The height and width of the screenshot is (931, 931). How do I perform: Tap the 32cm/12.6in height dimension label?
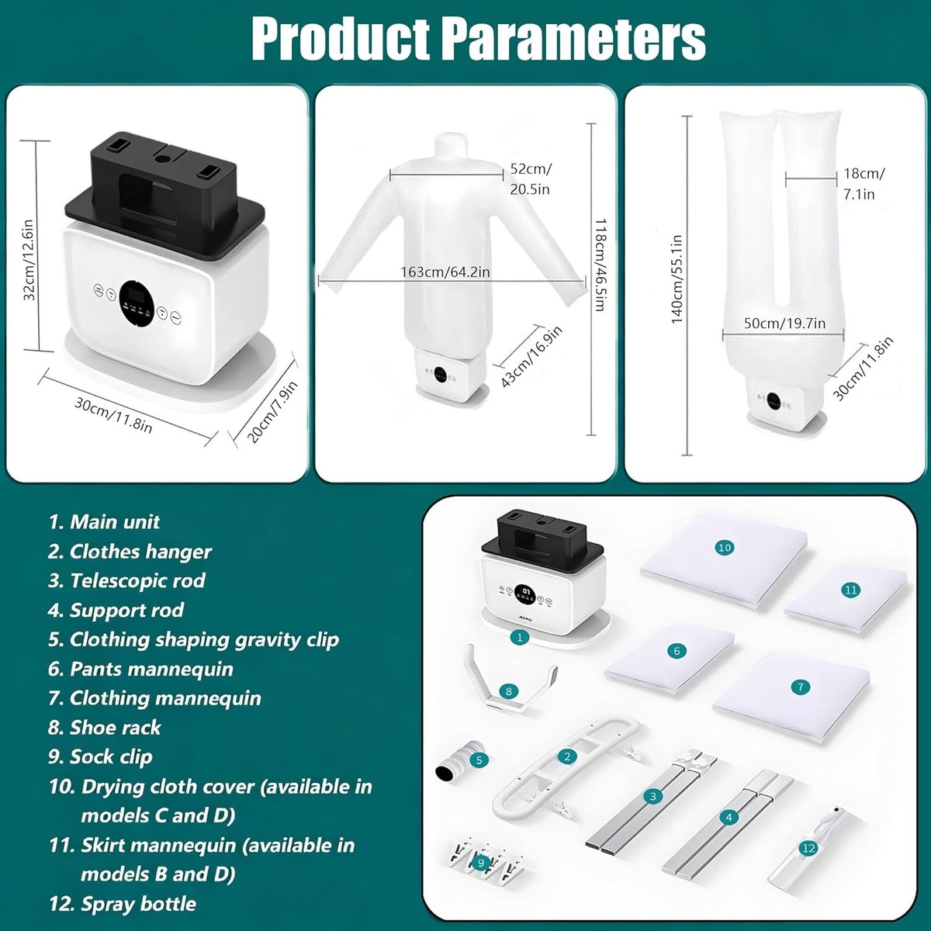tap(29, 260)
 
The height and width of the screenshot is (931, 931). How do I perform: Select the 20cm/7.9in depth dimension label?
tap(272, 412)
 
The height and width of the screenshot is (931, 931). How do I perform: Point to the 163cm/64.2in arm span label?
tap(445, 272)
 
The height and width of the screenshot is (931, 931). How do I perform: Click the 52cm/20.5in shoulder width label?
tap(531, 178)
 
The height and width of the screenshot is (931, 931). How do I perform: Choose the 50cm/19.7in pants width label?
tap(784, 323)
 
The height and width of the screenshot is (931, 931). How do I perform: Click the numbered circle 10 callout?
tap(724, 548)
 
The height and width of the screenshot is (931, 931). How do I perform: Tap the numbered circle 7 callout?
tap(800, 687)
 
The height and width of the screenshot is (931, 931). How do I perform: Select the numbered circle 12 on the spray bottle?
tap(808, 848)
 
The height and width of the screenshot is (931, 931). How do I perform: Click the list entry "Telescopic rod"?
tap(126, 581)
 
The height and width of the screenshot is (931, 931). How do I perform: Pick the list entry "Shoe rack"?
tap(105, 728)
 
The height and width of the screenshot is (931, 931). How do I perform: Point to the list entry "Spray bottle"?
tap(123, 904)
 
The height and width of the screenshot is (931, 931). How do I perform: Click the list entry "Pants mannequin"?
tap(140, 669)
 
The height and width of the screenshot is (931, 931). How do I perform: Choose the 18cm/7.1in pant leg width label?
tap(864, 184)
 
